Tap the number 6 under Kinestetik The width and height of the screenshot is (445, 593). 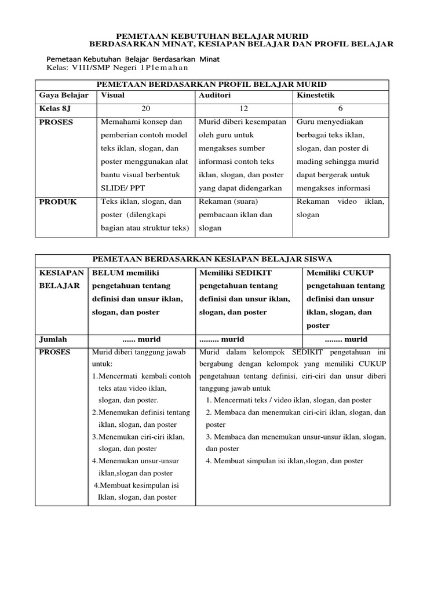click(x=341, y=108)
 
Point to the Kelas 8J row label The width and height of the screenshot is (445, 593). click(x=56, y=108)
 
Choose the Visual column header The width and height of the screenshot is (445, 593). click(x=113, y=95)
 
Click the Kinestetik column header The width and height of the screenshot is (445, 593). click(x=316, y=95)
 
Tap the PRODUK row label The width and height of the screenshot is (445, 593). click(x=58, y=202)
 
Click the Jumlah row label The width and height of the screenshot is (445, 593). click(x=53, y=339)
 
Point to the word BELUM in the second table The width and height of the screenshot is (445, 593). click(x=107, y=272)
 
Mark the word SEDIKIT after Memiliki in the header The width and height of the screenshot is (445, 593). click(x=252, y=272)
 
